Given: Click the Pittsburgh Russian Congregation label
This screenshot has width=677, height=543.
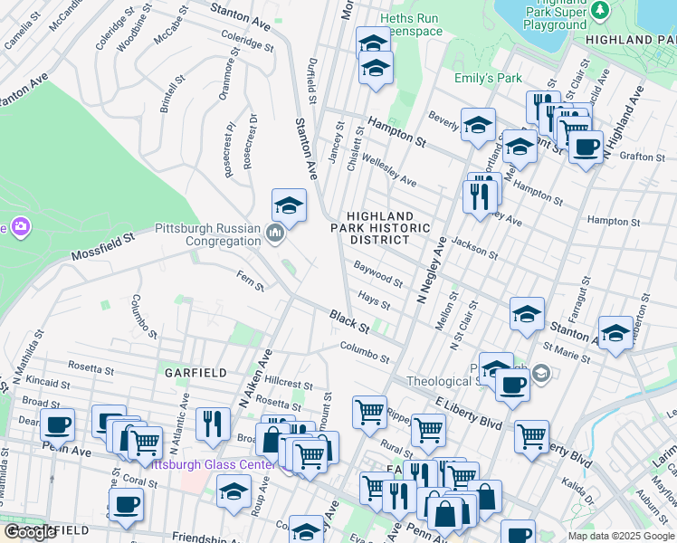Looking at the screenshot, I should click(209, 234).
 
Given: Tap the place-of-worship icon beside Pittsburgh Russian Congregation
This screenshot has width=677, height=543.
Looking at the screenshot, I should click(276, 235).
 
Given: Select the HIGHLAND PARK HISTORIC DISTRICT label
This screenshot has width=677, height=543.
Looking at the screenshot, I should click(387, 229).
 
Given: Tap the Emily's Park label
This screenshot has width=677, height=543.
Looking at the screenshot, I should click(488, 79).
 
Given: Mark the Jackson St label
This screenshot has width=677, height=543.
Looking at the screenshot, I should click(474, 246).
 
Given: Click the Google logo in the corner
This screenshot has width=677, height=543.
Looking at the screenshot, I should click(30, 532).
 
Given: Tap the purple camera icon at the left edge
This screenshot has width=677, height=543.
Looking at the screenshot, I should click(17, 226).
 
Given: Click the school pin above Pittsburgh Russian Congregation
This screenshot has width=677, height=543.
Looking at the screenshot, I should click(289, 205).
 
